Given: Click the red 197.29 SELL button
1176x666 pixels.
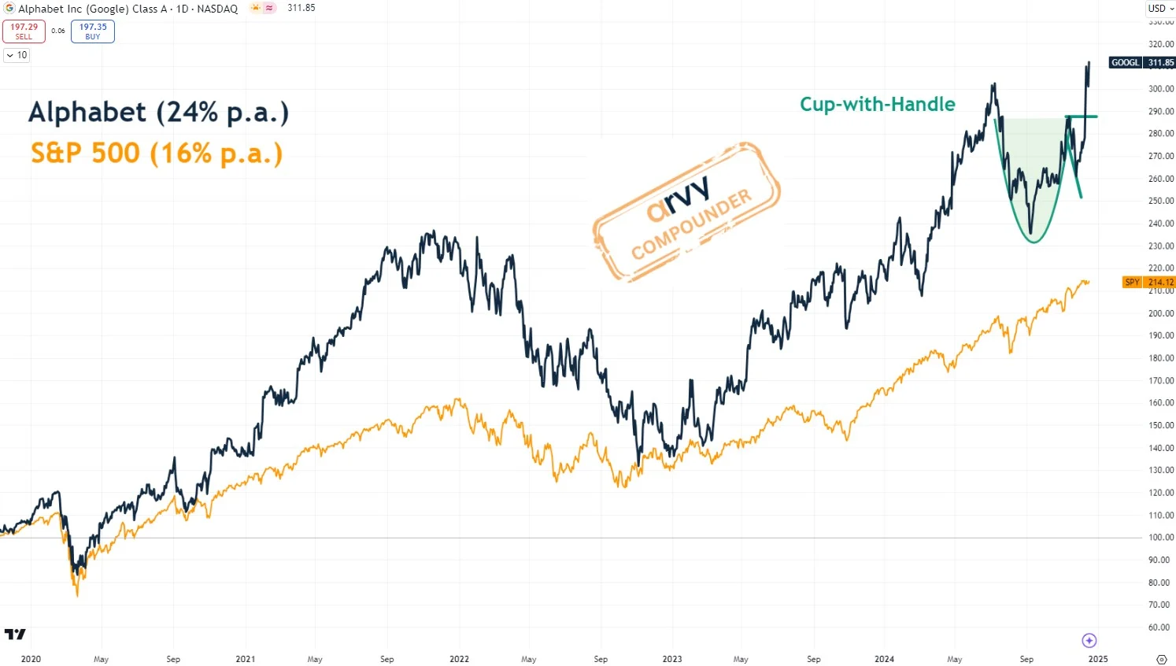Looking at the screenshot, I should (24, 31).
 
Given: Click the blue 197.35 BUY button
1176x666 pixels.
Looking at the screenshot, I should (93, 31).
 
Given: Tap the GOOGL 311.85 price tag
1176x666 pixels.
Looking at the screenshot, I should (1142, 62).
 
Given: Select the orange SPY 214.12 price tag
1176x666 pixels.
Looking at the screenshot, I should (1148, 282).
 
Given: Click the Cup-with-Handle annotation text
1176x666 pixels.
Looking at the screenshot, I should (877, 104).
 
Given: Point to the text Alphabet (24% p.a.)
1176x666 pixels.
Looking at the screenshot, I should (158, 113).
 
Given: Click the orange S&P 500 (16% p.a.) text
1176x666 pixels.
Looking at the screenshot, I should (156, 153).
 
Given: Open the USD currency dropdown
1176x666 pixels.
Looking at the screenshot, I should (1160, 8).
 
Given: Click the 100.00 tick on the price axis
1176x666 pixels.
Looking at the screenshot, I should (1160, 538).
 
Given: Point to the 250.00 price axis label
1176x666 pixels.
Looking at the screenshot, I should (1160, 201).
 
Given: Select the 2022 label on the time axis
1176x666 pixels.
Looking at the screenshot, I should (459, 659).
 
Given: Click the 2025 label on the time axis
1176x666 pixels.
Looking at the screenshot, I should (1097, 659).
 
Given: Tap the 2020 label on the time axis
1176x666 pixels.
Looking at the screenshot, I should (31, 659).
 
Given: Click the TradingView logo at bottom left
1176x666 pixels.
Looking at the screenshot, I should (15, 634).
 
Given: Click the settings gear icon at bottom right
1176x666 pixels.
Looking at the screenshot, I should (1161, 659).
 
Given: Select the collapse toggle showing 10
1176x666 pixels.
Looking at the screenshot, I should (17, 55).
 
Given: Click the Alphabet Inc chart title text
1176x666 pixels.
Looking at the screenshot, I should (128, 9).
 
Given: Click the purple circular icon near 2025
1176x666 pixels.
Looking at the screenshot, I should (1089, 640).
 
